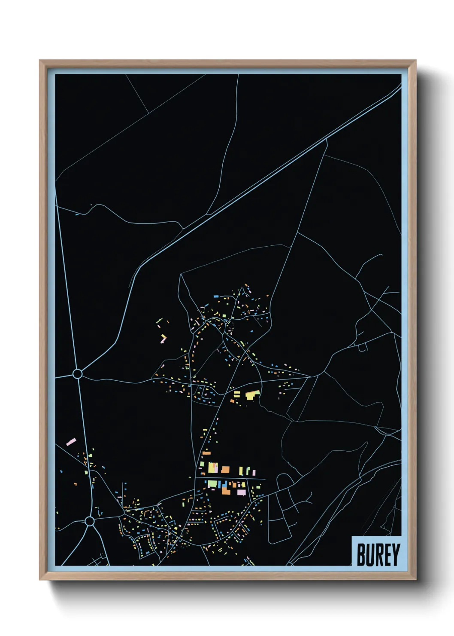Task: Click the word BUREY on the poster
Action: point(378,554)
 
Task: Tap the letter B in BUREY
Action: point(361,554)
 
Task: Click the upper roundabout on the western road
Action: point(77,374)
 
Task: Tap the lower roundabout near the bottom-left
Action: point(89,522)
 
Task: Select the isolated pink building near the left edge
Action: point(71,441)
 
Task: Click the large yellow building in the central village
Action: point(252,394)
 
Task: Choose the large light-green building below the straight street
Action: point(212,484)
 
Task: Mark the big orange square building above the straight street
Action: point(225,470)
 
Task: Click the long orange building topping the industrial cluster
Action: point(206,453)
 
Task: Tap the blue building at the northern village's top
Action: point(216,296)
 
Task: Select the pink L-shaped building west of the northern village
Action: point(163,339)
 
